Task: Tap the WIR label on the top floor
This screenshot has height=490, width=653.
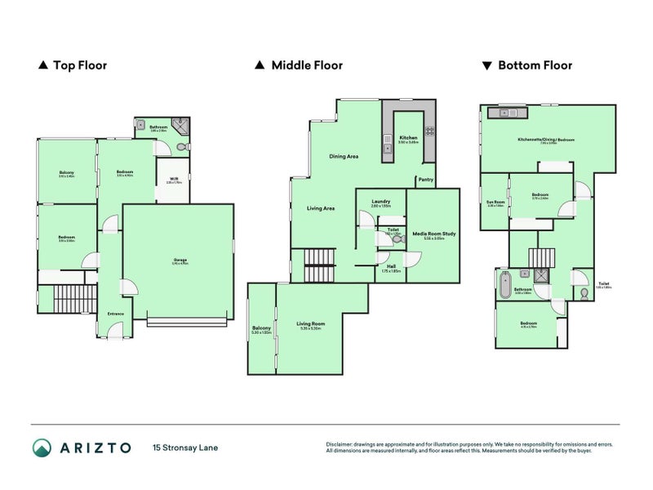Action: point(173,180)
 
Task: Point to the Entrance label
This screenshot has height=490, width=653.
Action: point(115,313)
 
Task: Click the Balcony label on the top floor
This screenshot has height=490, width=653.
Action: point(66,172)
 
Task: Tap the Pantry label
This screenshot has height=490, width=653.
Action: point(425,180)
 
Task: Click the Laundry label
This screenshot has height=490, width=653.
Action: point(380,203)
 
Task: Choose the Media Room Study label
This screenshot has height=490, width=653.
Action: point(433,235)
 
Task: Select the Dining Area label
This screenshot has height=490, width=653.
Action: point(344,156)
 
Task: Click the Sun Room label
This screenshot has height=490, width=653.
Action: point(494,203)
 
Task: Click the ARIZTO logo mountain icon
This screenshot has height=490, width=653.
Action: point(42,448)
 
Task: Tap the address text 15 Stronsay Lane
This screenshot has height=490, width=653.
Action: point(185,448)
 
